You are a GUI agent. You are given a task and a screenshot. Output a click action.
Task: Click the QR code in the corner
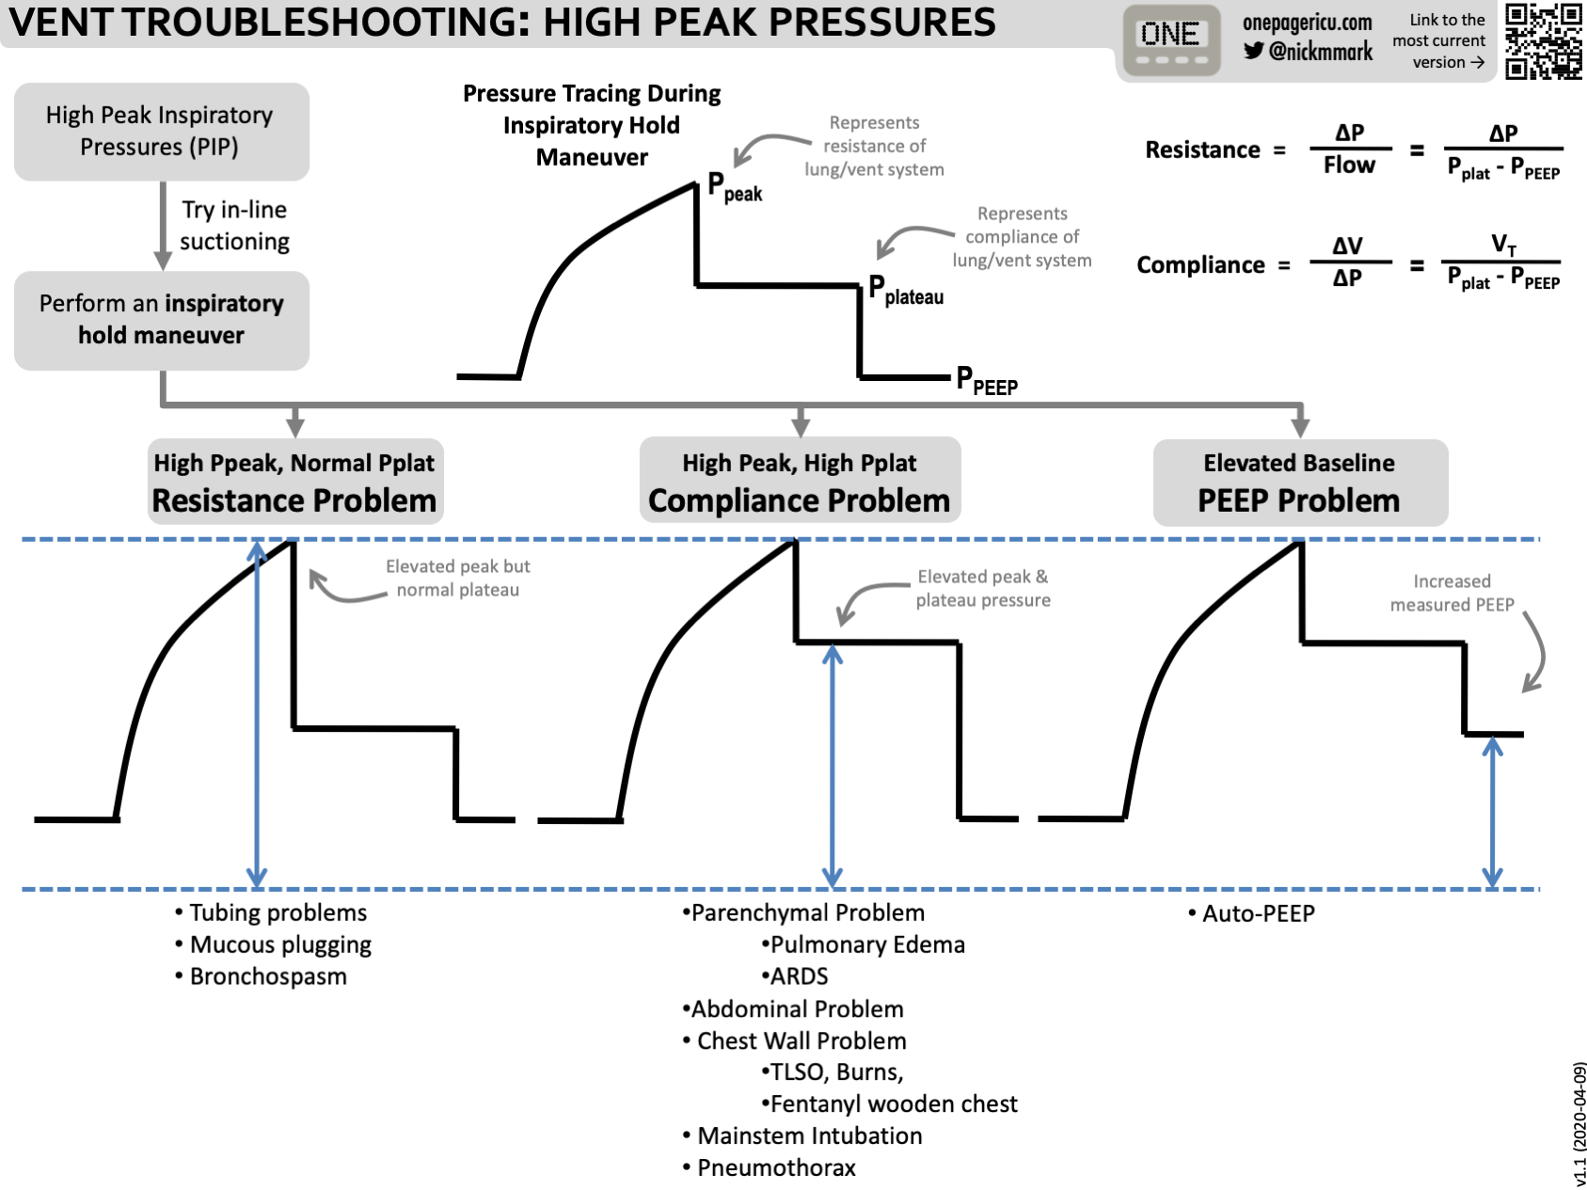point(1543,41)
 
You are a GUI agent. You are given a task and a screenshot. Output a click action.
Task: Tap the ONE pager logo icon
point(1170,40)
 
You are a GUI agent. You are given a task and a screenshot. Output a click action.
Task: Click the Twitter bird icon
point(1254,51)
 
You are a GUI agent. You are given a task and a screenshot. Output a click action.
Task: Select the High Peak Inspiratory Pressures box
point(161,132)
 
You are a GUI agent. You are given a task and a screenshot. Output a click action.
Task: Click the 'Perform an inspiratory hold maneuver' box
point(161,320)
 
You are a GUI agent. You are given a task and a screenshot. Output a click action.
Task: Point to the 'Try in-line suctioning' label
point(234,226)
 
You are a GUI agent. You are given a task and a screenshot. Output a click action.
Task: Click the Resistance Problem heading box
point(294,482)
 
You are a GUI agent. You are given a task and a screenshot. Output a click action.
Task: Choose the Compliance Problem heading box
point(800,482)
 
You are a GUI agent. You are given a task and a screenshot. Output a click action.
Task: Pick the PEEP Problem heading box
point(1299,482)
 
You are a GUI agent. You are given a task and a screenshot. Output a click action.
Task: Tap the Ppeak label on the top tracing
point(734,187)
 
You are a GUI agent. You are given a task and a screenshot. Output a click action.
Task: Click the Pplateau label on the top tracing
point(905,289)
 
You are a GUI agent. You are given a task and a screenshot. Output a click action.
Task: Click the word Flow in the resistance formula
point(1349,166)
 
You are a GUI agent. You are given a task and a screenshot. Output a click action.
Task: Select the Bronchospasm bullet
point(267,976)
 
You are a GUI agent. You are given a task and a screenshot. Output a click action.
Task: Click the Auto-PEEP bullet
point(1257,913)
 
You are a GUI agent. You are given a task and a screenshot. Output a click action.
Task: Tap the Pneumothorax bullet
point(775,1168)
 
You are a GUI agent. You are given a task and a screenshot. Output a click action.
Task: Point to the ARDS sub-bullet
point(798,976)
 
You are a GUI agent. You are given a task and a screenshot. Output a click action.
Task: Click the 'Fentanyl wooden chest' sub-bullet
point(893,1104)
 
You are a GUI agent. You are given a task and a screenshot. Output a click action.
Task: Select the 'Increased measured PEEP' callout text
point(1452,594)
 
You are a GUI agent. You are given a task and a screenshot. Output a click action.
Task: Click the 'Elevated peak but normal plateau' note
point(457,579)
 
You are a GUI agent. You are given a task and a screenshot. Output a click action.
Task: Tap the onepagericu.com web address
point(1307,23)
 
